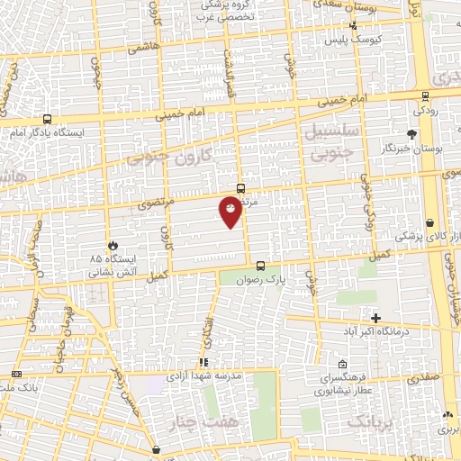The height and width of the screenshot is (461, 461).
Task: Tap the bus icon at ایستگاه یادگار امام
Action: tap(47, 118)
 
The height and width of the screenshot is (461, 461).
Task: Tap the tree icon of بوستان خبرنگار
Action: tap(411, 134)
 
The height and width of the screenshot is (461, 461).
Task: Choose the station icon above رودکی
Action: tap(425, 96)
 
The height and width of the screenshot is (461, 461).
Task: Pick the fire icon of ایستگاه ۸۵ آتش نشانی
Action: tap(113, 245)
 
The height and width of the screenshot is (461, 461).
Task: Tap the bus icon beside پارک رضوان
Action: tap(260, 266)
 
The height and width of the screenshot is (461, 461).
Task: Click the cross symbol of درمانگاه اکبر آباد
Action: tap(375, 318)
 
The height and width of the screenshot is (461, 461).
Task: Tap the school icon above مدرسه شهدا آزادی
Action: tap(203, 362)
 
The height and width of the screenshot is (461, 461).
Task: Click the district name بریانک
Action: tap(369, 422)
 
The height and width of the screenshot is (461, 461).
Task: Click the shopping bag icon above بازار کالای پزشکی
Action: tap(430, 222)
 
